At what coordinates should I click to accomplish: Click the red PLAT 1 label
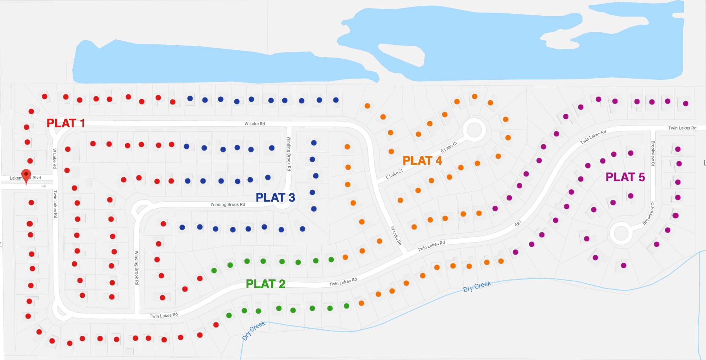[66, 123]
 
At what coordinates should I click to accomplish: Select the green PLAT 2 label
[265, 284]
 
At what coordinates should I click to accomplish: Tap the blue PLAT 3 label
[275, 198]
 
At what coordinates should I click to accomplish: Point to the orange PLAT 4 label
[422, 161]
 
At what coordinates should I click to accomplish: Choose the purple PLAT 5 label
[625, 177]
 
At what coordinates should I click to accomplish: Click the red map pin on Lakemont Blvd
[26, 175]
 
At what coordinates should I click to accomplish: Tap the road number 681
[518, 224]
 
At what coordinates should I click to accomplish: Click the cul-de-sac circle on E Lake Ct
[474, 130]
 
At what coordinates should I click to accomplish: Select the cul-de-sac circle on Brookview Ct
[621, 233]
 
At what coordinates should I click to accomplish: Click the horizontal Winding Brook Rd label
[228, 205]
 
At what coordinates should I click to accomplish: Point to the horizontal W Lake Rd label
[255, 124]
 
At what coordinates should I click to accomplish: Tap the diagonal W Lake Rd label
[396, 236]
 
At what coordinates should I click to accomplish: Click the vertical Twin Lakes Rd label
[55, 204]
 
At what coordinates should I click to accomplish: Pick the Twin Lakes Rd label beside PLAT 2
[343, 282]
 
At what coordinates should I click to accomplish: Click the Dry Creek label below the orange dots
[477, 287]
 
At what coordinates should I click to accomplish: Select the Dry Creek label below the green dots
[254, 331]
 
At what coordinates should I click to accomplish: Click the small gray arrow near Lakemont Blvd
[44, 186]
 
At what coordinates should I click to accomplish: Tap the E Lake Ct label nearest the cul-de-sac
[449, 147]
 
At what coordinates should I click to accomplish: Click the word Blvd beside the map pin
[37, 178]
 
